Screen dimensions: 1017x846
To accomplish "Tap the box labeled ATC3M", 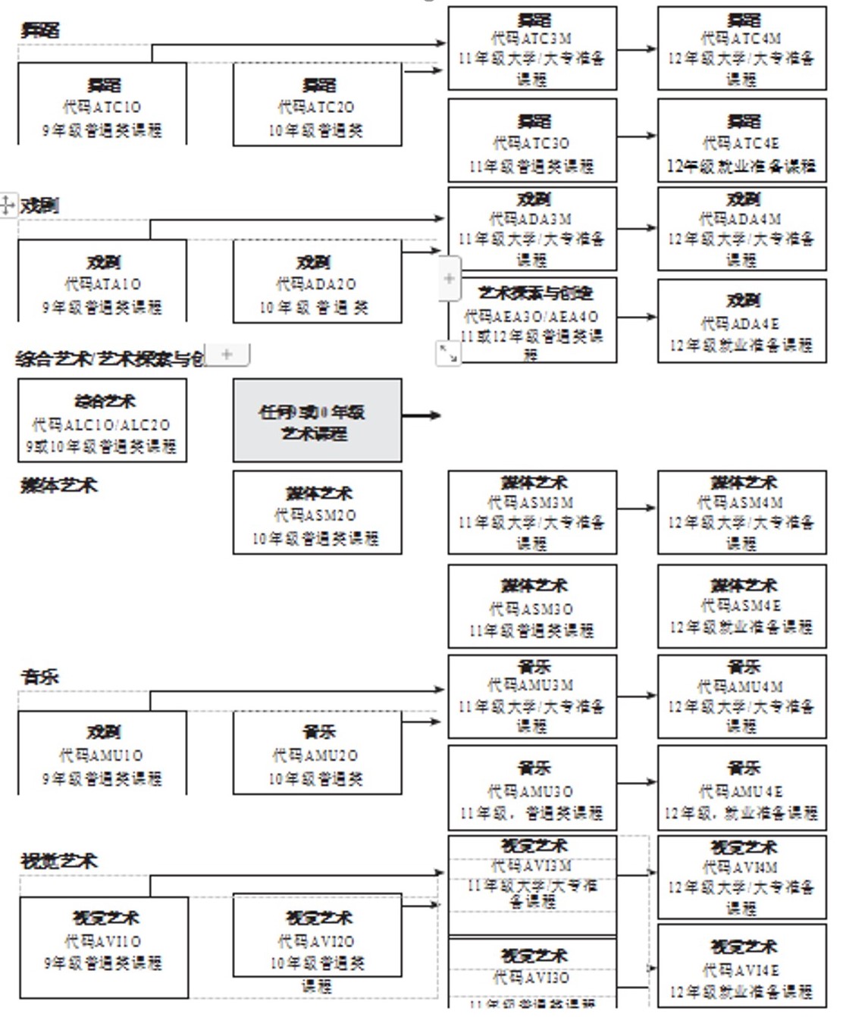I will point(531,49).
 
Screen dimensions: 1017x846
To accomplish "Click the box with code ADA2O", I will point(317,283).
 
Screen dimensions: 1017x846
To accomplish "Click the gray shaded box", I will point(317,421).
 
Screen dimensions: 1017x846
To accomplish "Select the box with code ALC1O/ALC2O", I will point(102,421).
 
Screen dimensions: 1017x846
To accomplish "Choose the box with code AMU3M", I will point(531,696).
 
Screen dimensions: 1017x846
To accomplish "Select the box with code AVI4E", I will point(741,966).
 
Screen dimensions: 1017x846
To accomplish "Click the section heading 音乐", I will point(39,677).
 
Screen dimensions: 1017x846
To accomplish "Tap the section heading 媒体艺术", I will point(58,485).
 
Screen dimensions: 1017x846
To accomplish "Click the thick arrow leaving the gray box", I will point(421,415).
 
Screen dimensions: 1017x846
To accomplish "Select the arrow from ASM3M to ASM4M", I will point(637,509).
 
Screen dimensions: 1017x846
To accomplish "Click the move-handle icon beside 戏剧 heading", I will point(7,205).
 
